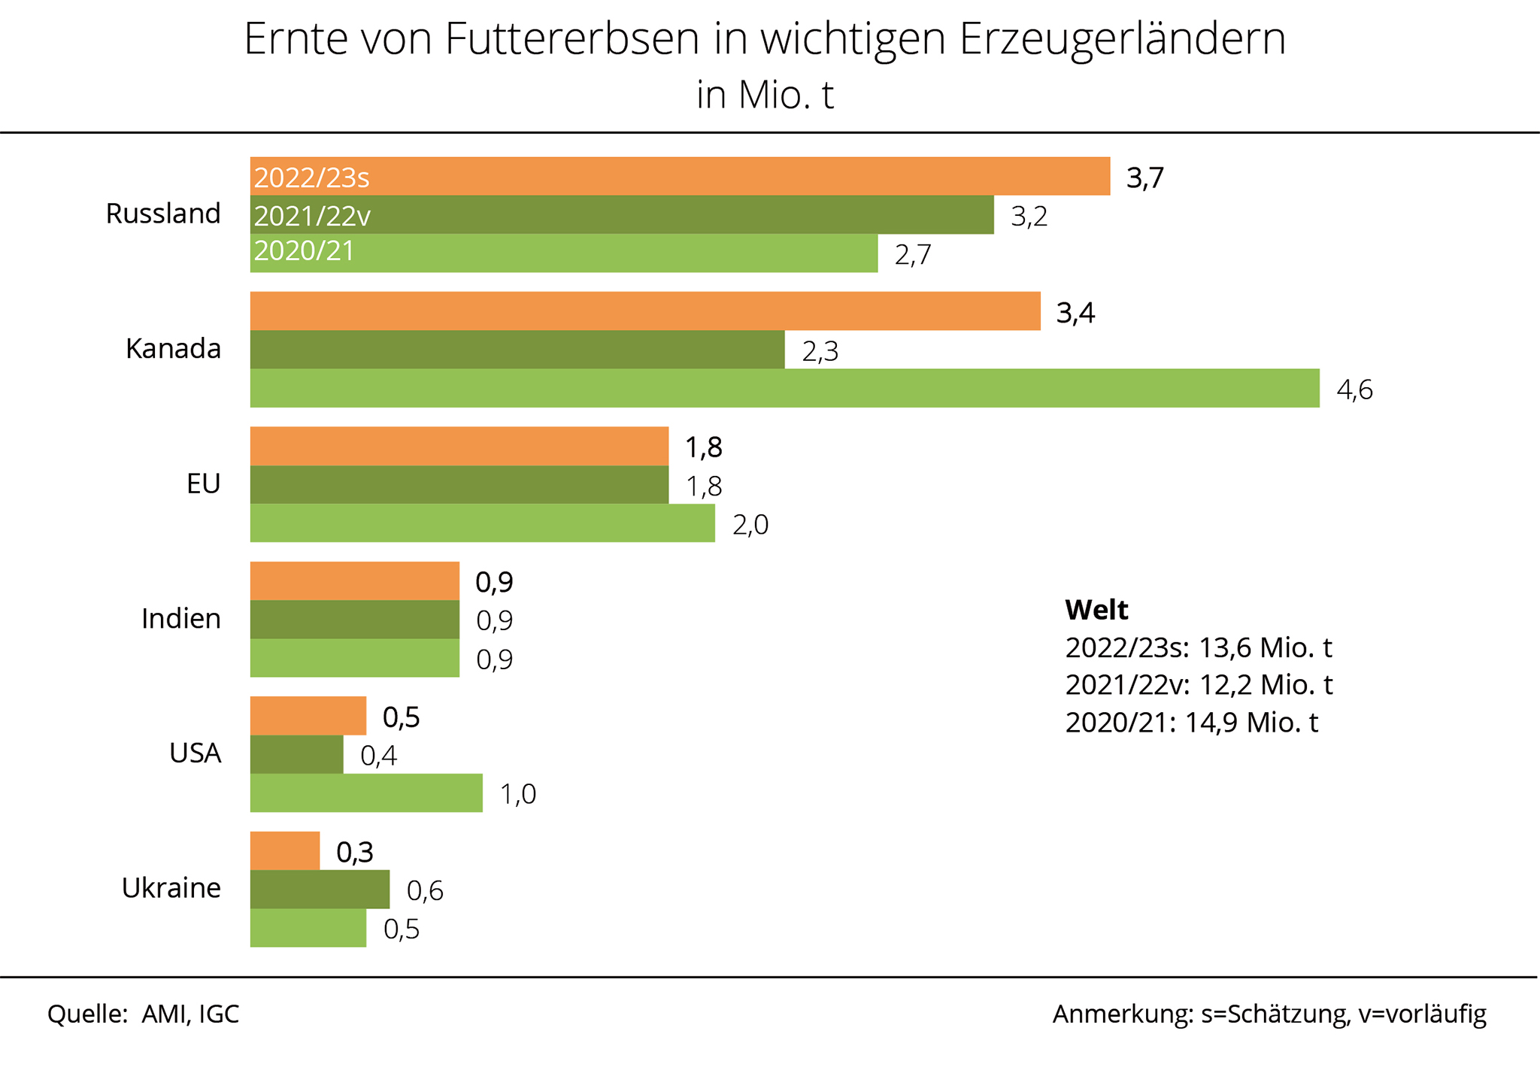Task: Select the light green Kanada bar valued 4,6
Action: [x=784, y=388]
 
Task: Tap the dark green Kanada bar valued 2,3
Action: [x=517, y=350]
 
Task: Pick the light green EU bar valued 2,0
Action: [x=482, y=523]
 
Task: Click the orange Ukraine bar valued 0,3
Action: [x=285, y=850]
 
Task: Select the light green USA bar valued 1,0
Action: [x=366, y=793]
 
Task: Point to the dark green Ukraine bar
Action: [x=320, y=889]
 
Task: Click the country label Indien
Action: [x=181, y=619]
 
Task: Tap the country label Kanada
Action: [x=173, y=349]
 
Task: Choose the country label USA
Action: [x=195, y=753]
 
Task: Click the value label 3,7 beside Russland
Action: [x=1145, y=178]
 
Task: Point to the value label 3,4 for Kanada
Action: [x=1075, y=313]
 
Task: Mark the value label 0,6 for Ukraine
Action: [x=425, y=891]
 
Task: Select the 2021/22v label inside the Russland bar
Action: [x=312, y=217]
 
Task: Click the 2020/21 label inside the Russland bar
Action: [x=304, y=251]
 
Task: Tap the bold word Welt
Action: [x=1096, y=610]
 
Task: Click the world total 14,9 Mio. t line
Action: [x=1192, y=723]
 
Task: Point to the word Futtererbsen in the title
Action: [x=572, y=39]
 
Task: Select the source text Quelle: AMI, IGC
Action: [x=143, y=1014]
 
